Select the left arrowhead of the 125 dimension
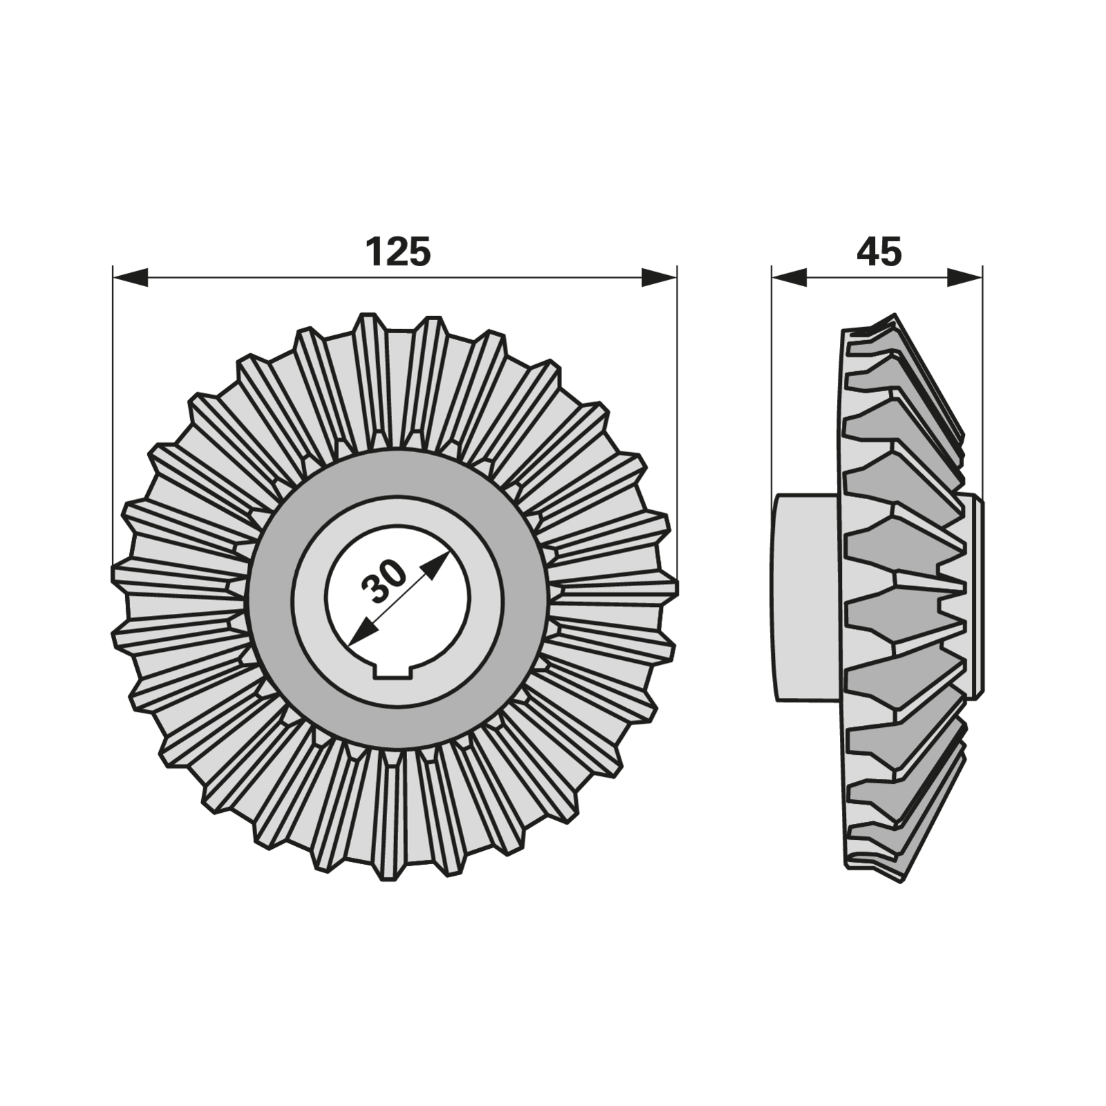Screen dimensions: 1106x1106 pos(131,278)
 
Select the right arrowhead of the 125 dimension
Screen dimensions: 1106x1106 pos(659,278)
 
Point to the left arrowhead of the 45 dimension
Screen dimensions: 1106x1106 pos(789,278)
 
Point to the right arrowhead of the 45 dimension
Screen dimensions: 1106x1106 pos(964,278)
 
